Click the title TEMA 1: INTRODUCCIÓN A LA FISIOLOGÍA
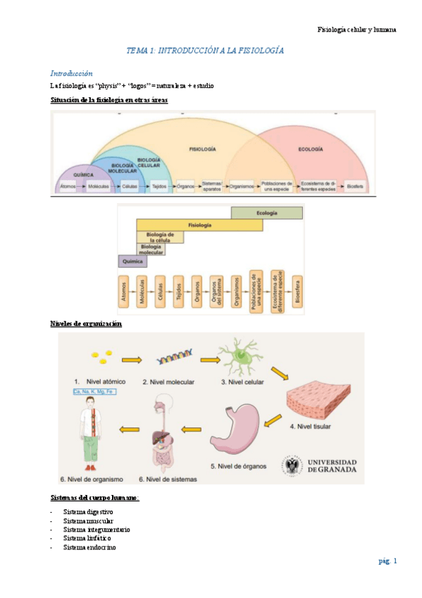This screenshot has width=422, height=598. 204,51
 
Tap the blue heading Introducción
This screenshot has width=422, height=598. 71,73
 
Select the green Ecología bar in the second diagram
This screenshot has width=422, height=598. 267,212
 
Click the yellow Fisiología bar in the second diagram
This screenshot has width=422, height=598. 199,225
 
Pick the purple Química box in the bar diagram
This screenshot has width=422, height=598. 132,261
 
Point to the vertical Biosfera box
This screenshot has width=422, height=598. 297,294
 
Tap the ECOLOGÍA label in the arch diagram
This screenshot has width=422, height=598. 310,149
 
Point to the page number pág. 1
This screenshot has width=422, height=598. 387,561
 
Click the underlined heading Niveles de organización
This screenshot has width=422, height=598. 86,324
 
